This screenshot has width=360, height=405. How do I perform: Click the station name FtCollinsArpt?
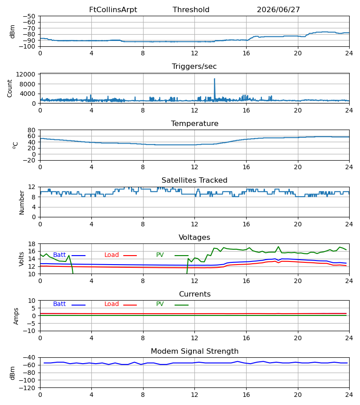pyautogui.click(x=113, y=9)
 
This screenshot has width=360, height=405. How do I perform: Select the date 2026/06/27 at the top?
pyautogui.click(x=279, y=9)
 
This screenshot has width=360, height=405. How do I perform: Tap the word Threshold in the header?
pyautogui.click(x=191, y=9)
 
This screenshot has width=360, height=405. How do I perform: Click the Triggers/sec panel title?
pyautogui.click(x=194, y=67)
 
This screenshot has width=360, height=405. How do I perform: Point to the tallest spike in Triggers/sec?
pyautogui.click(x=214, y=79)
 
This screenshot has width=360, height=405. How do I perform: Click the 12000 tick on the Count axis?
pyautogui.click(x=26, y=74)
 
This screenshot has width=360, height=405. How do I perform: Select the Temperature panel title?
pyautogui.click(x=194, y=123)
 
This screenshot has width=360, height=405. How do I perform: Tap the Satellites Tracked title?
pyautogui.click(x=194, y=180)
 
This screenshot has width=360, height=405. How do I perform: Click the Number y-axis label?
pyautogui.click(x=22, y=202)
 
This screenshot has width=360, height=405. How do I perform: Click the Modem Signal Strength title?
pyautogui.click(x=194, y=351)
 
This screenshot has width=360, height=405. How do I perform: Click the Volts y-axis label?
pyautogui.click(x=22, y=259)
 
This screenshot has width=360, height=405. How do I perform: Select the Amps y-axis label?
pyautogui.click(x=16, y=316)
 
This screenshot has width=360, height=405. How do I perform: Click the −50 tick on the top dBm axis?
pyautogui.click(x=29, y=16)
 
